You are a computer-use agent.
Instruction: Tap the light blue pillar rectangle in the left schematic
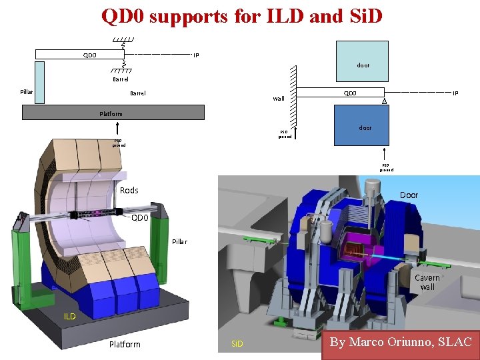click(x=39, y=83)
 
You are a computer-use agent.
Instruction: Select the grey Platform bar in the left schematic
click(x=113, y=113)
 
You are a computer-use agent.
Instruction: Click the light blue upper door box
click(x=362, y=60)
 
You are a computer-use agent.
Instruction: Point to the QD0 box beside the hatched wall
click(x=341, y=93)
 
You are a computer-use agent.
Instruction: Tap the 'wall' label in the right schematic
click(x=279, y=99)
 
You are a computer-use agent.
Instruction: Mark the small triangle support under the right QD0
click(x=385, y=101)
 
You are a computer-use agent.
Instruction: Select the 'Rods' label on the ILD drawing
click(x=129, y=191)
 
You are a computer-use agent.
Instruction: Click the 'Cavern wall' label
click(x=427, y=282)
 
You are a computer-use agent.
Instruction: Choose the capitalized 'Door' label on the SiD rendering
click(x=409, y=195)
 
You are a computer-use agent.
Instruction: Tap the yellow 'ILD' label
click(x=70, y=317)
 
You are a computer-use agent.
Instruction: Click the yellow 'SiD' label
click(x=237, y=344)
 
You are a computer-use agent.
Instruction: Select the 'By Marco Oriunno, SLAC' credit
click(x=401, y=343)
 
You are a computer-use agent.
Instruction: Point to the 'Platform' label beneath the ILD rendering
click(x=125, y=344)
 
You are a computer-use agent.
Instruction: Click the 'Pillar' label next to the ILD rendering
click(x=180, y=241)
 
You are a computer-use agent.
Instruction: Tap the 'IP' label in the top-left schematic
click(x=196, y=55)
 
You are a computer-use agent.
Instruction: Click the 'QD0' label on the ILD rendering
click(x=140, y=217)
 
